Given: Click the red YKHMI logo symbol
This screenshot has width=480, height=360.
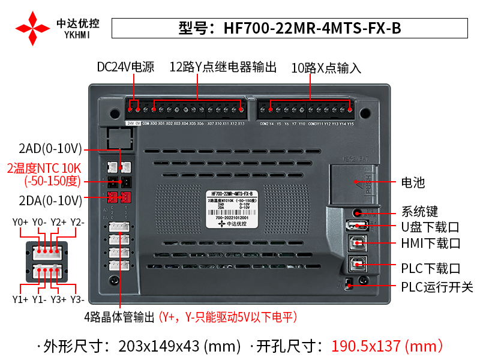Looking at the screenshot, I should click(33, 28).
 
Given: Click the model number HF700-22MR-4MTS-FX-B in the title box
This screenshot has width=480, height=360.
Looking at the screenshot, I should click(312, 28).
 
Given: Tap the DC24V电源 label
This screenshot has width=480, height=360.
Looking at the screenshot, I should click(125, 67).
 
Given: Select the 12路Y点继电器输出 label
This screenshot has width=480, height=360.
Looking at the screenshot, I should click(223, 67).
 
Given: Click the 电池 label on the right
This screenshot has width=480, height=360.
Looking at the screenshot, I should click(412, 182).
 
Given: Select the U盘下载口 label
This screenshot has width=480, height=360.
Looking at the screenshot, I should click(430, 227).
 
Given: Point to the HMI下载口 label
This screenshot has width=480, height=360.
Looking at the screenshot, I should click(430, 244).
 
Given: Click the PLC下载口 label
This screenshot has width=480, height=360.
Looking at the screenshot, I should click(430, 268).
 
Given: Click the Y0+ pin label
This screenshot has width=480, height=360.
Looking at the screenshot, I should click(20, 223).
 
